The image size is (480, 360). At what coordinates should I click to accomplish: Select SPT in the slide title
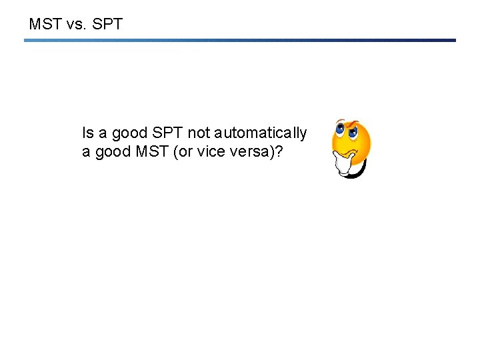pyautogui.click(x=109, y=25)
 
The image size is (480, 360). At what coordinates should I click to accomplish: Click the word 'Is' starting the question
pyautogui.click(x=87, y=133)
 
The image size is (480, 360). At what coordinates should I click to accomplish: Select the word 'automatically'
pyautogui.click(x=261, y=133)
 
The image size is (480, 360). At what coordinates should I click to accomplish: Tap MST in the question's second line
pyautogui.click(x=153, y=152)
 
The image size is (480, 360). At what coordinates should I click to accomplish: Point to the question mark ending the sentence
pyautogui.click(x=279, y=152)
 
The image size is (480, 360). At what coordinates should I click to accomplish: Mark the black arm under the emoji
pyautogui.click(x=360, y=172)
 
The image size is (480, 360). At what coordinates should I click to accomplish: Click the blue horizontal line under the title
pyautogui.click(x=240, y=40)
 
